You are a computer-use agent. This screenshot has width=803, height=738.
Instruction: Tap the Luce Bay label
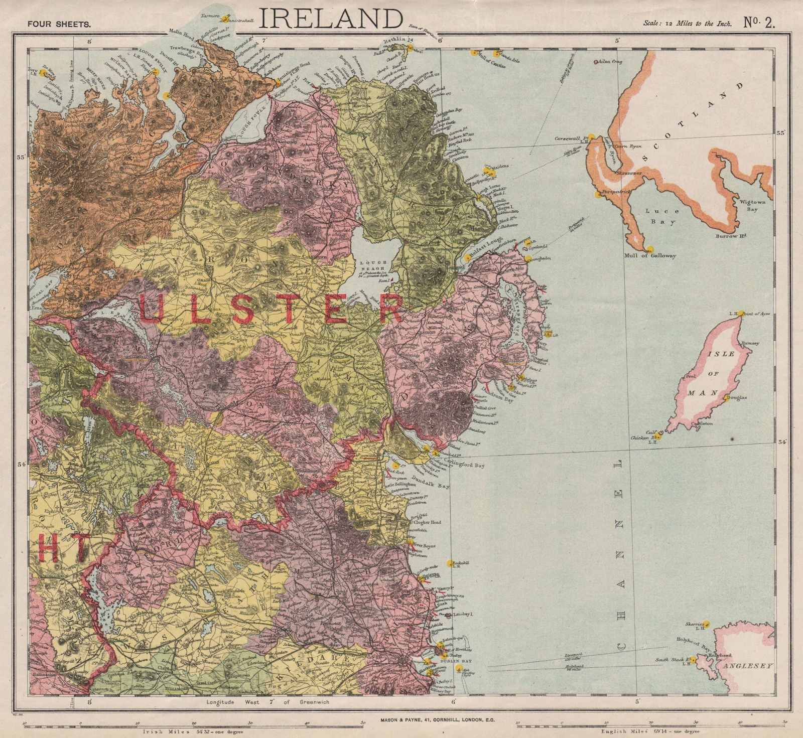pos(660,216)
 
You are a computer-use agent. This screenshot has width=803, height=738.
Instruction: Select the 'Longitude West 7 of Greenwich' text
pos(268,702)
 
